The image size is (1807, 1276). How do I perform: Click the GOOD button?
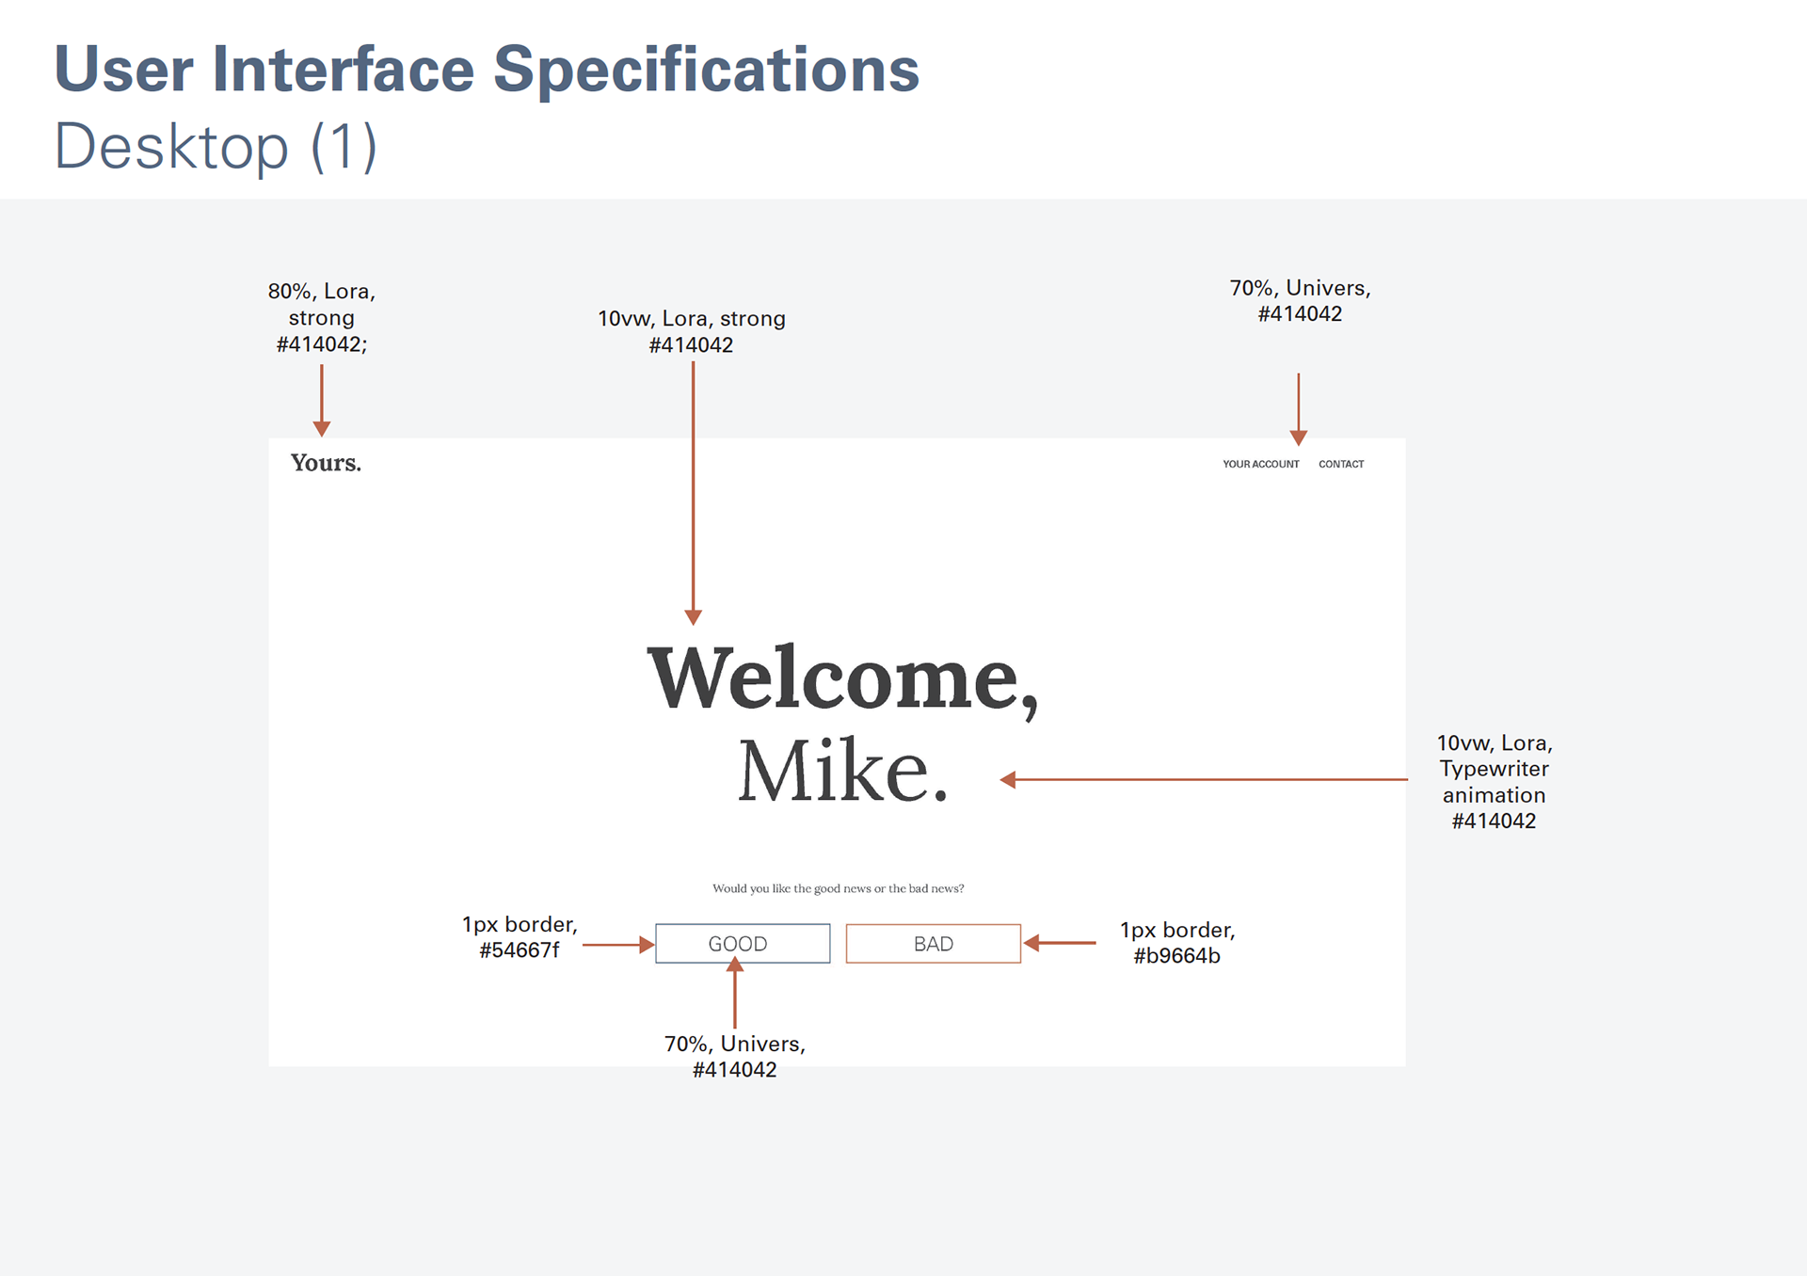[x=743, y=943]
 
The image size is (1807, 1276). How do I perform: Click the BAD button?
[x=933, y=943]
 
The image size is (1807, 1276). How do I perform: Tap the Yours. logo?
[x=326, y=463]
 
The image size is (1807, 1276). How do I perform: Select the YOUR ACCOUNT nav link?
[x=1260, y=464]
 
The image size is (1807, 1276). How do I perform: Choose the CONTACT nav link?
[x=1341, y=464]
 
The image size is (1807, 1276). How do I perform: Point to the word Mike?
[x=842, y=771]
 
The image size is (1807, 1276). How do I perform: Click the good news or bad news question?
[x=838, y=888]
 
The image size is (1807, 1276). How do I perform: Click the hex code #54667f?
[x=520, y=950]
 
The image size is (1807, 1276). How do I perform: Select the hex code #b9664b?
[x=1176, y=956]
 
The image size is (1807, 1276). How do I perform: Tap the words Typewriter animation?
[x=1494, y=782]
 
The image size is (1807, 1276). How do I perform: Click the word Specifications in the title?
[x=706, y=71]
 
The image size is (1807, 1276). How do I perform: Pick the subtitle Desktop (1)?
[x=216, y=147]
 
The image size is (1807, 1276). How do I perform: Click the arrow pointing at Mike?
[x=1204, y=779]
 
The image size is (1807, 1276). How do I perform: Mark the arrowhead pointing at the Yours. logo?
[x=322, y=429]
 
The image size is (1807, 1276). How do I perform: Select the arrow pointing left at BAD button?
[x=1060, y=942]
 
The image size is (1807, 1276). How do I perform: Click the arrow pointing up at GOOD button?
[x=735, y=993]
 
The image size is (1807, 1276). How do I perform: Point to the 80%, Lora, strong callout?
[x=322, y=318]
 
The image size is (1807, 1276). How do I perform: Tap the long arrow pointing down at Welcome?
[x=693, y=494]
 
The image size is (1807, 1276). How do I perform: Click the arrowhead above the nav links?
[x=1299, y=438]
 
